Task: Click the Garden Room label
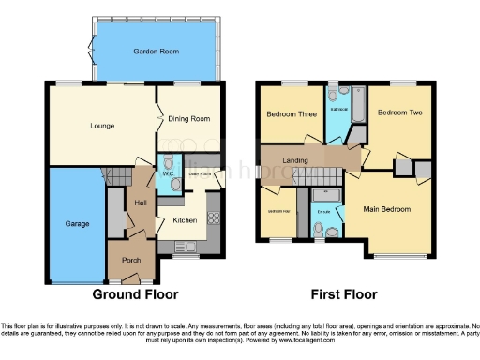[x=156, y=52]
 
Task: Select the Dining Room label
[x=187, y=119]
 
